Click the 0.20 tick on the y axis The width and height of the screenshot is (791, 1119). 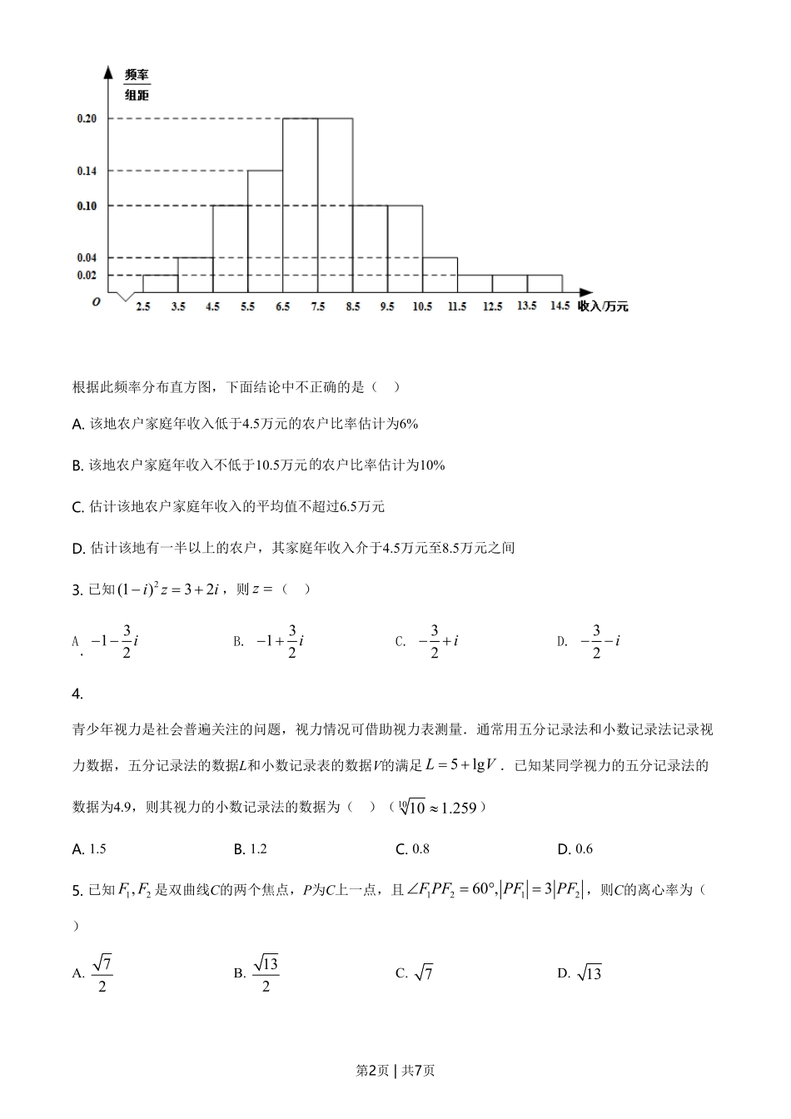pos(87,118)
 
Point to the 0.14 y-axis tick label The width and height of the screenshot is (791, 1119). pos(87,171)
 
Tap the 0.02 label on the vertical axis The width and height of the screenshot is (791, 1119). pos(87,275)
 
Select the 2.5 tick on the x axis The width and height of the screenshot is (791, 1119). pos(143,306)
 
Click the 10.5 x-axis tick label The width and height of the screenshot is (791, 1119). pos(422,306)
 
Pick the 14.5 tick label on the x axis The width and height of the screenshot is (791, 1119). pos(560,306)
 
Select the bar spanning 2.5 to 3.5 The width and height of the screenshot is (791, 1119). pos(160,283)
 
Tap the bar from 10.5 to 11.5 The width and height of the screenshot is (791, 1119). pos(440,275)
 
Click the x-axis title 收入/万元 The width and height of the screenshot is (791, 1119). pos(603,306)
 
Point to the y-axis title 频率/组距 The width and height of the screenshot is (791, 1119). pos(137,85)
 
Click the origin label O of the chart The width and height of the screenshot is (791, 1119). pos(97,301)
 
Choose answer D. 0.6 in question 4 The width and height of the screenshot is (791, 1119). pos(575,849)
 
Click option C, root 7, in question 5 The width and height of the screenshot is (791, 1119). pos(415,972)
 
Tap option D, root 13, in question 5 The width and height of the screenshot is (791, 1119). pos(580,972)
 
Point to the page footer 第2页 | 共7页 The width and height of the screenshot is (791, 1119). pos(395,1071)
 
